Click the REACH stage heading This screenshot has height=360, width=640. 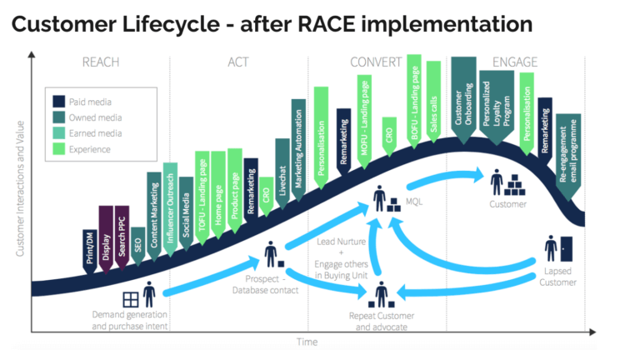[102, 62]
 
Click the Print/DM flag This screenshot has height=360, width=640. [90, 237]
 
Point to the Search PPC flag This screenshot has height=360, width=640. [121, 230]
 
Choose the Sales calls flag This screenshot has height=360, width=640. [432, 96]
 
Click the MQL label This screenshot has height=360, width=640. [414, 202]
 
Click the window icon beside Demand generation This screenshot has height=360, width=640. [129, 297]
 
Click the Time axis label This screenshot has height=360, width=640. [307, 342]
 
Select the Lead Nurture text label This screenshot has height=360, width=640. [339, 242]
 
